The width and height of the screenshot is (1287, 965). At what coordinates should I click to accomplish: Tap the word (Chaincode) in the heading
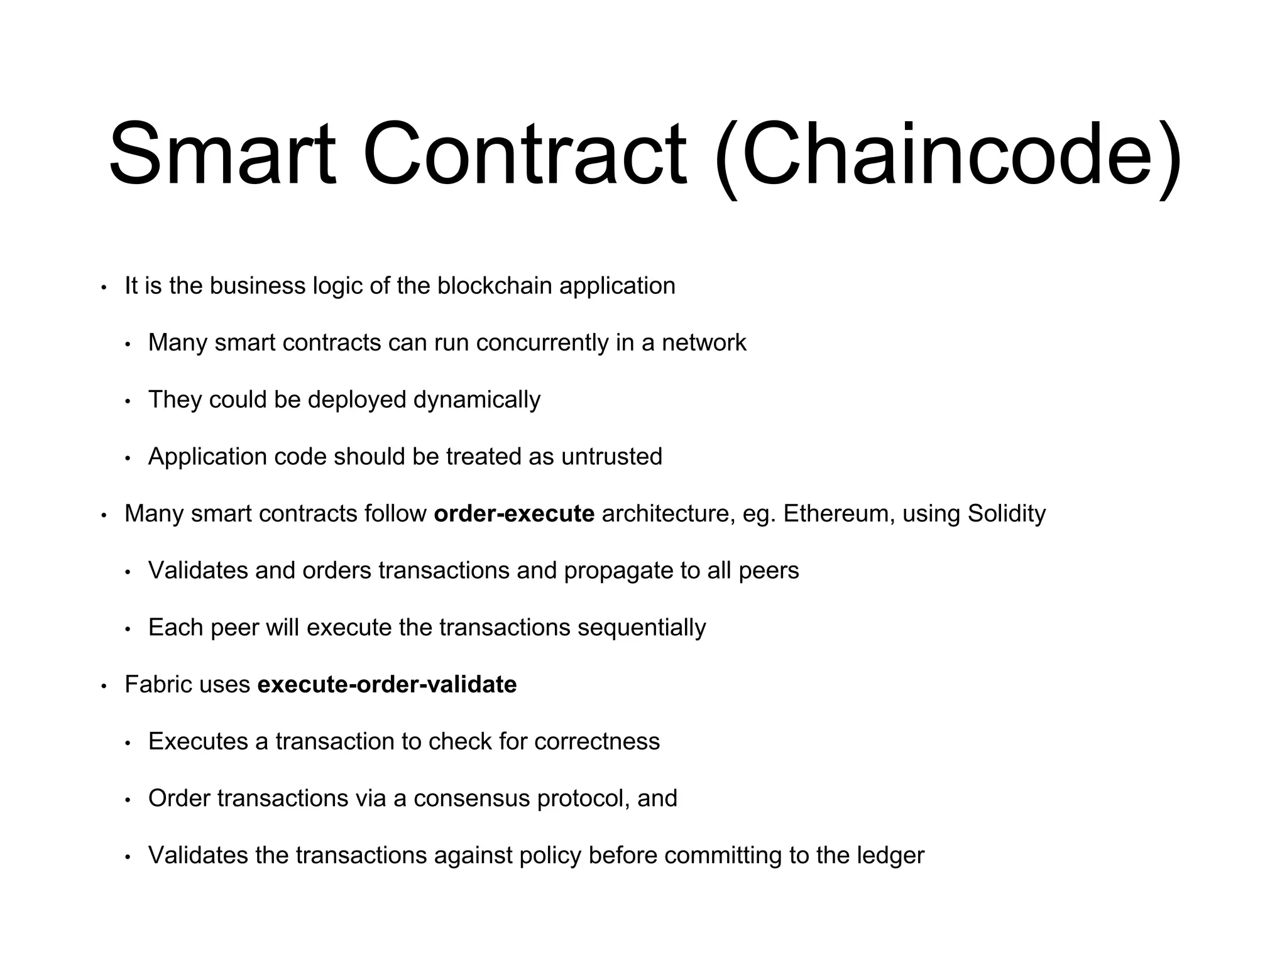click(948, 157)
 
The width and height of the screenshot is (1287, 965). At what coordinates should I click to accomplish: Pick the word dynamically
click(477, 400)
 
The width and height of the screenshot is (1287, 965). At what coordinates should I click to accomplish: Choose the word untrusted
click(611, 457)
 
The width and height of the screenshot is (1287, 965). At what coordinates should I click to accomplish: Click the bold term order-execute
click(514, 514)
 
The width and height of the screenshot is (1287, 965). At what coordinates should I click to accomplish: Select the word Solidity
click(1007, 514)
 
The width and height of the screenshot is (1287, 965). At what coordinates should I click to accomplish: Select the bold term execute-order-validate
click(387, 685)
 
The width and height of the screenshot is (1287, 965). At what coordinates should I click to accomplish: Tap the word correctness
click(597, 742)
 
